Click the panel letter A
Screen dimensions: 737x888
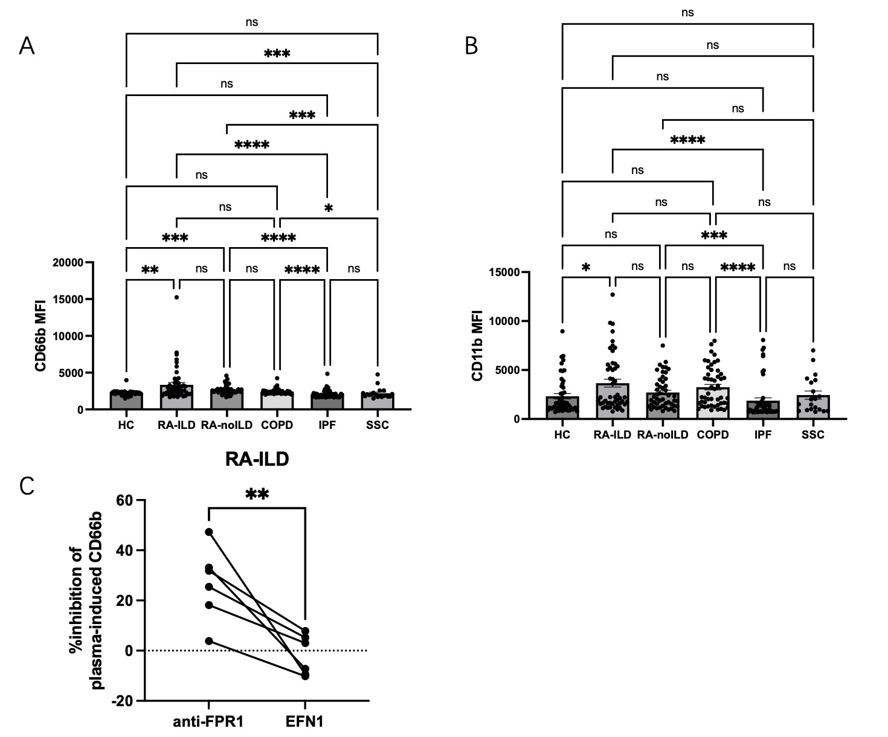pyautogui.click(x=27, y=45)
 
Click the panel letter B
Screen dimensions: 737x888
pyautogui.click(x=472, y=45)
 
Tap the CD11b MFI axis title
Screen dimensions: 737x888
pyautogui.click(x=477, y=346)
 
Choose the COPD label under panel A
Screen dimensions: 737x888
pyautogui.click(x=277, y=425)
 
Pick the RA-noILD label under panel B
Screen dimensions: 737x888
pyautogui.click(x=663, y=435)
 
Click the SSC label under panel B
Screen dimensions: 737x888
pyautogui.click(x=813, y=435)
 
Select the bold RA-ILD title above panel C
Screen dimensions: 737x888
pyautogui.click(x=257, y=460)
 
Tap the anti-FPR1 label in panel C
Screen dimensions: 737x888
pyautogui.click(x=208, y=722)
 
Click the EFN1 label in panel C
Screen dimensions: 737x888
pyautogui.click(x=305, y=722)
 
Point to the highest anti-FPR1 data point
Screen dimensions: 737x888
pyautogui.click(x=209, y=532)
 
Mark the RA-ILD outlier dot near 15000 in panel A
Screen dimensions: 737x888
pyautogui.click(x=176, y=297)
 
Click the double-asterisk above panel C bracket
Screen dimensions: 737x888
pyautogui.click(x=257, y=495)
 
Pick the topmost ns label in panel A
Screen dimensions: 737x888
pyautogui.click(x=252, y=22)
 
